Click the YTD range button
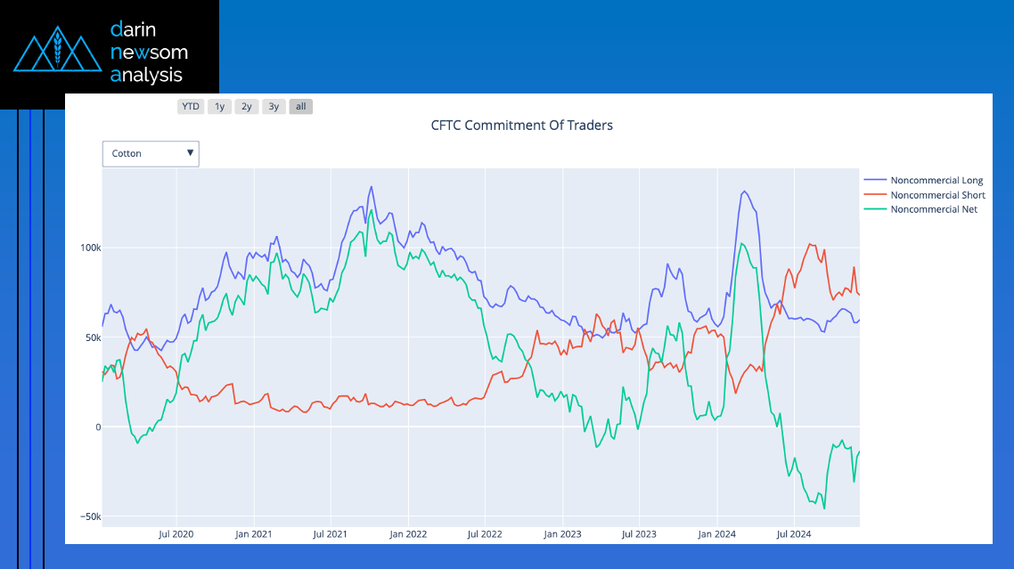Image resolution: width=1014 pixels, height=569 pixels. coord(191,107)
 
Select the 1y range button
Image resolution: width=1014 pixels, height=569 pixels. coord(219,107)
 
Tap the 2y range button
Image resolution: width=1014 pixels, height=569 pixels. coord(247,107)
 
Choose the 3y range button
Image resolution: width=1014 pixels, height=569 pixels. coord(274,107)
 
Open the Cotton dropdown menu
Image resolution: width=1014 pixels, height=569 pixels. coord(151,153)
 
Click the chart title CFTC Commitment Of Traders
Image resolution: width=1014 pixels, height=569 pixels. coord(521,126)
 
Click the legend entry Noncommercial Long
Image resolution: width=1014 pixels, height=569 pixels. coord(936,181)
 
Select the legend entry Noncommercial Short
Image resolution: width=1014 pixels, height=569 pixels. coord(937,195)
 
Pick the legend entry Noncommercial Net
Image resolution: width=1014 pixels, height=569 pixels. coord(934,209)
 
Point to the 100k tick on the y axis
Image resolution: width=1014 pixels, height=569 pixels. coord(87,247)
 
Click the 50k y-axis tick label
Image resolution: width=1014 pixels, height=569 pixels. coord(90,337)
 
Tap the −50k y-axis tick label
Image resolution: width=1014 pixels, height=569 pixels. coord(87,516)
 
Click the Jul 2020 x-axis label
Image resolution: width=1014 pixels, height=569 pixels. coord(176,534)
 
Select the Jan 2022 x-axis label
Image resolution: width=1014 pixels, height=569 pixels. coord(408,534)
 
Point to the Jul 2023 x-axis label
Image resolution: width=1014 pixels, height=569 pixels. coord(639,534)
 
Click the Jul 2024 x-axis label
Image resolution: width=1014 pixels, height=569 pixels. coord(794,534)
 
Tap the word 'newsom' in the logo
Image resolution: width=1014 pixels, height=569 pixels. coord(149,53)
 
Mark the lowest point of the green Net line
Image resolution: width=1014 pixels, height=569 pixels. coord(824,508)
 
